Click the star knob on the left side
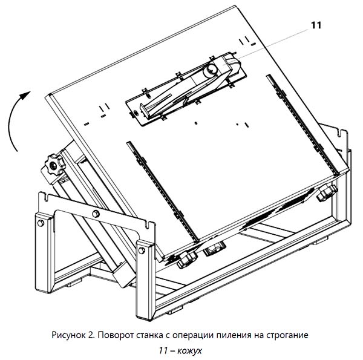[54, 165]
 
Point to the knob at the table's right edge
[327, 193]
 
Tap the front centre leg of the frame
[145, 278]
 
